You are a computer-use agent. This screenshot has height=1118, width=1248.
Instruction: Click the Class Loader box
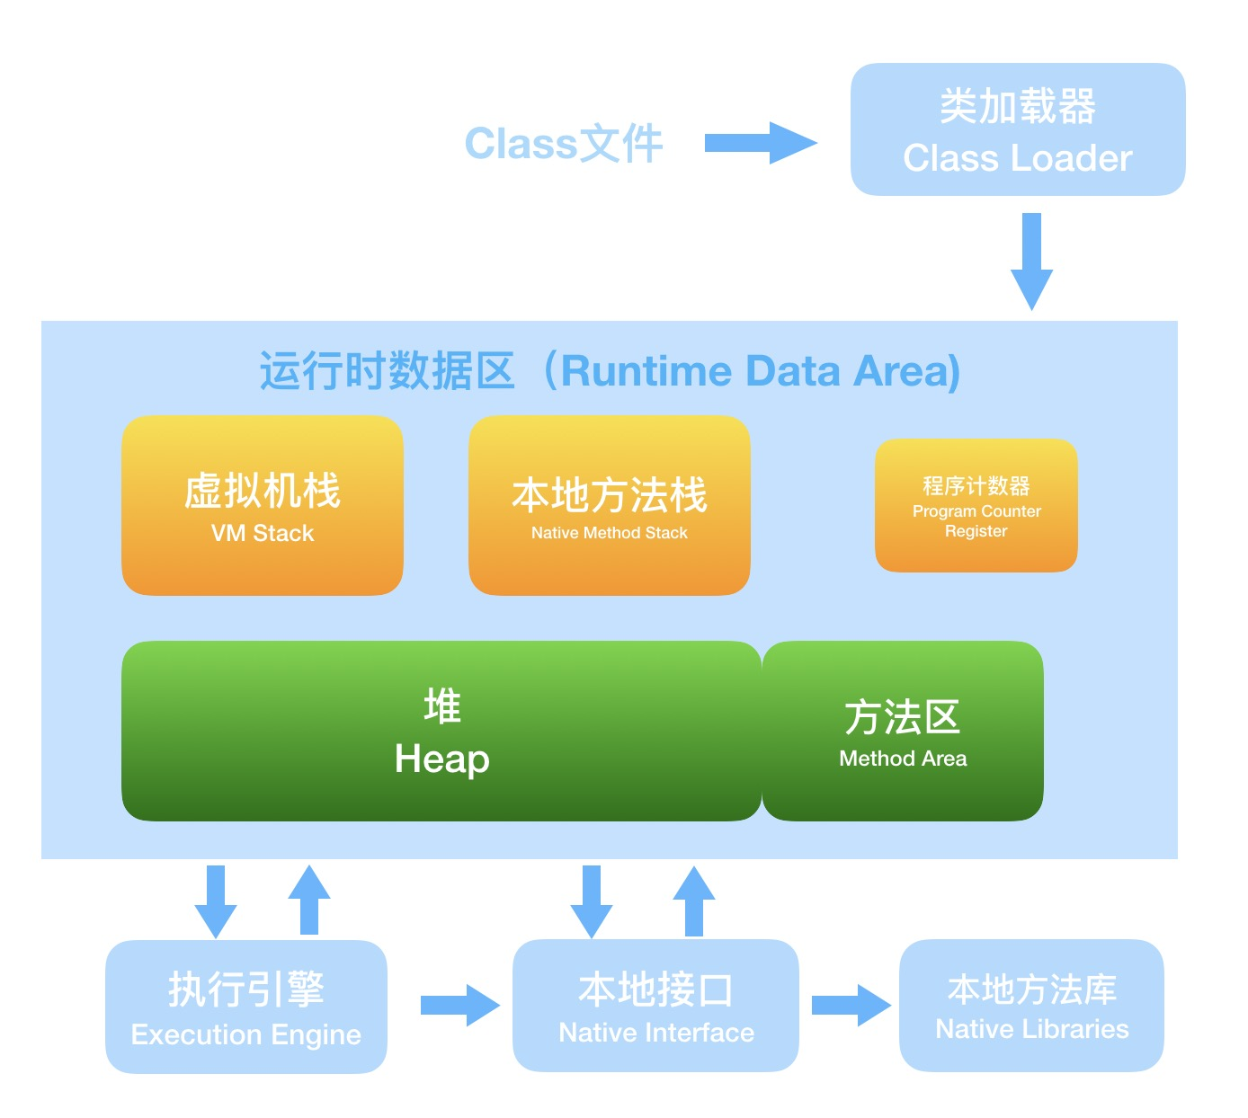click(x=1017, y=129)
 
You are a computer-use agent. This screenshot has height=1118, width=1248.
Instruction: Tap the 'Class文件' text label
click(x=564, y=144)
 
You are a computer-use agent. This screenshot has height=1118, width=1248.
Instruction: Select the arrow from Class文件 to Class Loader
click(x=760, y=143)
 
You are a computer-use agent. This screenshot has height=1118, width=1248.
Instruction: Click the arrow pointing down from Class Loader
click(x=1031, y=262)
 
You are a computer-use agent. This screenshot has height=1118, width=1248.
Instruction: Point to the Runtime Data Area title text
click(x=610, y=371)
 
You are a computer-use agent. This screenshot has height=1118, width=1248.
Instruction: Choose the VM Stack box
click(x=262, y=505)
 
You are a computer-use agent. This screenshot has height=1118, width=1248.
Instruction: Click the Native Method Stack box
click(x=609, y=505)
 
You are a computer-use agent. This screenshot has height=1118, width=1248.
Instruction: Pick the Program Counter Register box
click(x=976, y=505)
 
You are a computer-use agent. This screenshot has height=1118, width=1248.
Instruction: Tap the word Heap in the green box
click(x=441, y=759)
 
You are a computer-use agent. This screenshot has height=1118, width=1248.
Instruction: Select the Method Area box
click(x=903, y=731)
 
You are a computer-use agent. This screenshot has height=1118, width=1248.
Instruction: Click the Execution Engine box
click(x=245, y=1007)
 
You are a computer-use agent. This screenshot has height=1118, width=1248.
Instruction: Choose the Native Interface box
click(x=655, y=1006)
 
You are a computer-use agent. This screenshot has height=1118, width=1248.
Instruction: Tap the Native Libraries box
click(x=1031, y=1006)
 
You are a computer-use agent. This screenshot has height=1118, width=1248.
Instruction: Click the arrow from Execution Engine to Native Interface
click(x=459, y=1005)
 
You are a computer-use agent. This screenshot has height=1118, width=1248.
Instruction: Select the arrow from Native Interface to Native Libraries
click(x=850, y=1005)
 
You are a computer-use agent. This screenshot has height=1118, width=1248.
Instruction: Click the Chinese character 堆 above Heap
click(x=441, y=706)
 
